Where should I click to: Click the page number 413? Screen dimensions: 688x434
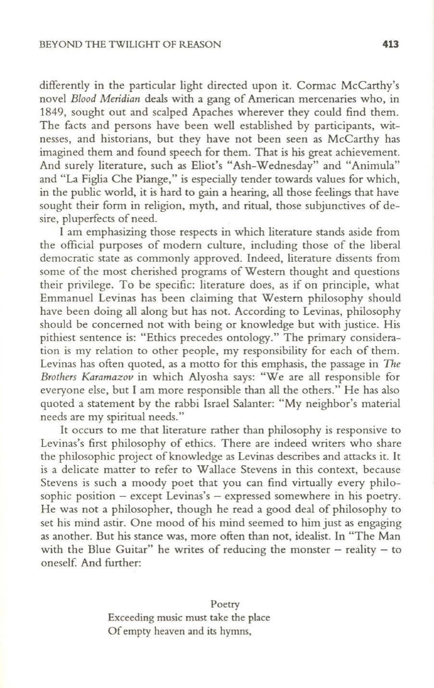pos(391,45)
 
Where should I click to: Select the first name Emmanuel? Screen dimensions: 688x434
pos(60,298)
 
